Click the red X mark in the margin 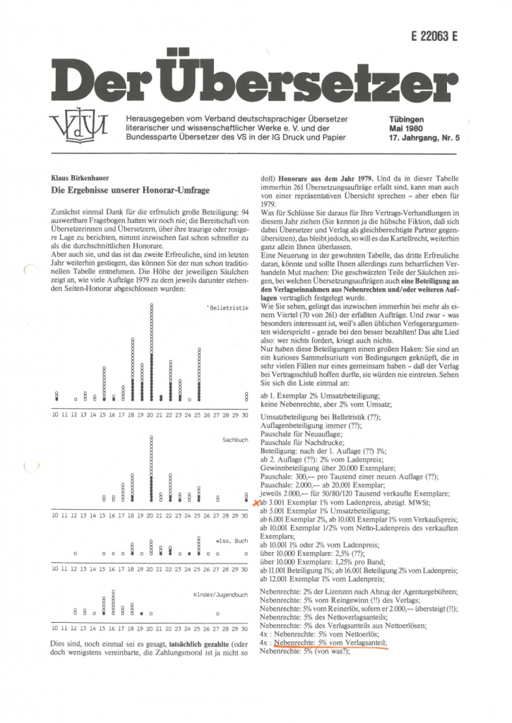256,502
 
